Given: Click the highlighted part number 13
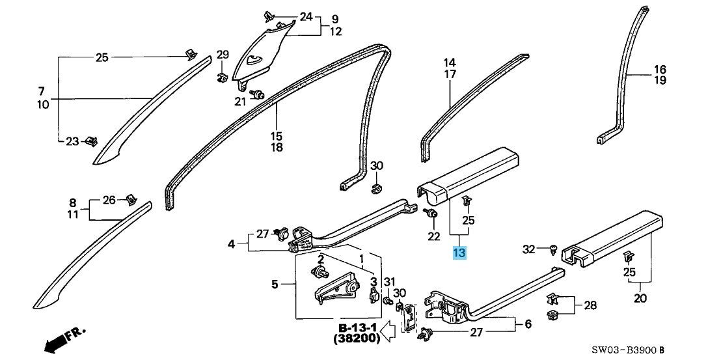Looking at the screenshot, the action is coord(459,253).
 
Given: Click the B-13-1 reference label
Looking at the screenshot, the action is coord(358,328).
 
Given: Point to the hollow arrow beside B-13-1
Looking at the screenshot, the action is coord(390,332).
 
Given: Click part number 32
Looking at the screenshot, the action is coord(529,249).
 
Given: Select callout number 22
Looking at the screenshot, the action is coord(434,237).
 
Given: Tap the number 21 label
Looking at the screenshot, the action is coord(241,102).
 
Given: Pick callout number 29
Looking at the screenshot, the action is coord(223,55).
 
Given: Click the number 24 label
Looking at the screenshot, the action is coord(306,17).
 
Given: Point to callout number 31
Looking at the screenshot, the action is coord(390,282).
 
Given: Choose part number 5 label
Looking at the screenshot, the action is coord(275,284).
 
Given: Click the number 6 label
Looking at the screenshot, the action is coord(528,324).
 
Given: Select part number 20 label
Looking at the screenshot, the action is coord(640,298).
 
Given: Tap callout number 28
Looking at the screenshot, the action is coord(590,305).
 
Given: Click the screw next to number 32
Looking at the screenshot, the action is coord(553,250).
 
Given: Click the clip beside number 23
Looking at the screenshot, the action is coord(92,141).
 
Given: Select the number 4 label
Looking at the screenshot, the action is coord(231,244).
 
